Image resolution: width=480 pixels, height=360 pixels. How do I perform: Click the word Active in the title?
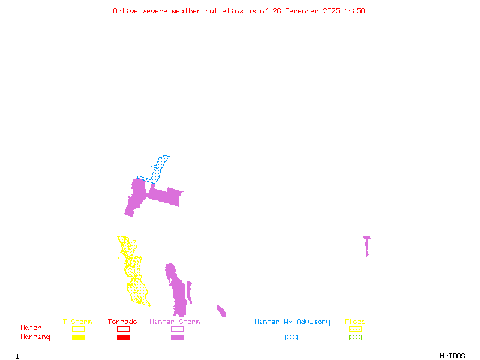click(127, 11)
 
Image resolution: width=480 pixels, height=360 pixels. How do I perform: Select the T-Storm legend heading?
click(77, 322)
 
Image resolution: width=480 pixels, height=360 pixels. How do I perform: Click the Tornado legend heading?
click(122, 322)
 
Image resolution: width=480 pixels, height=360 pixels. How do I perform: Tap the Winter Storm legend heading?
click(175, 322)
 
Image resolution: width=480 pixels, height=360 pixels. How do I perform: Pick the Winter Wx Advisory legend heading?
click(292, 322)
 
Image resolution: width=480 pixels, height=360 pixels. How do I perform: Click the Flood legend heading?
click(355, 322)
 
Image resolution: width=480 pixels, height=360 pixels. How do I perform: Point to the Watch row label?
click(31, 328)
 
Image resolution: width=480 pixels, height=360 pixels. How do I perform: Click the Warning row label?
click(35, 337)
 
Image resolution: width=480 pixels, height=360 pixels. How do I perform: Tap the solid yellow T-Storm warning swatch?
click(78, 338)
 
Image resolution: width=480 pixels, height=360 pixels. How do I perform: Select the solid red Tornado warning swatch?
click(123, 338)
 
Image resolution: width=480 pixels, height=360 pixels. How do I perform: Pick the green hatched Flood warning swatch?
click(355, 338)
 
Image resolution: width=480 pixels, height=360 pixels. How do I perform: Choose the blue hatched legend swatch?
click(291, 338)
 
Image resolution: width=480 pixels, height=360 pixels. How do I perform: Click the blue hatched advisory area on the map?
click(157, 171)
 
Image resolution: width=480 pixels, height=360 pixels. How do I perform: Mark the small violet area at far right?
click(367, 245)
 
